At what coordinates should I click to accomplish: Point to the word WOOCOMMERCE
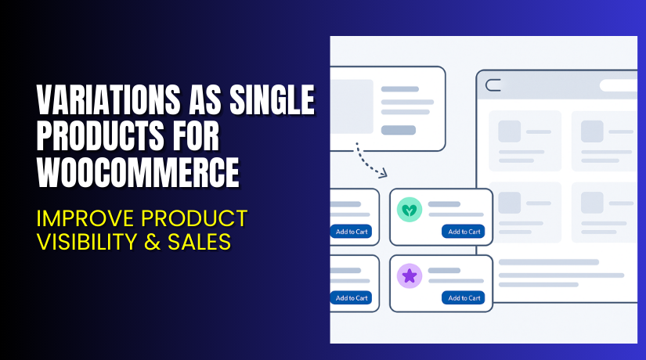coord(138,172)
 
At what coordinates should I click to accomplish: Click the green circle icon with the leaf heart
coord(410,209)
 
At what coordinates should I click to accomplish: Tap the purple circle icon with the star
coord(410,275)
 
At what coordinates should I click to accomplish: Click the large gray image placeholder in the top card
coord(351,106)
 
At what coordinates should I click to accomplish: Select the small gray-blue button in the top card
coord(398,130)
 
